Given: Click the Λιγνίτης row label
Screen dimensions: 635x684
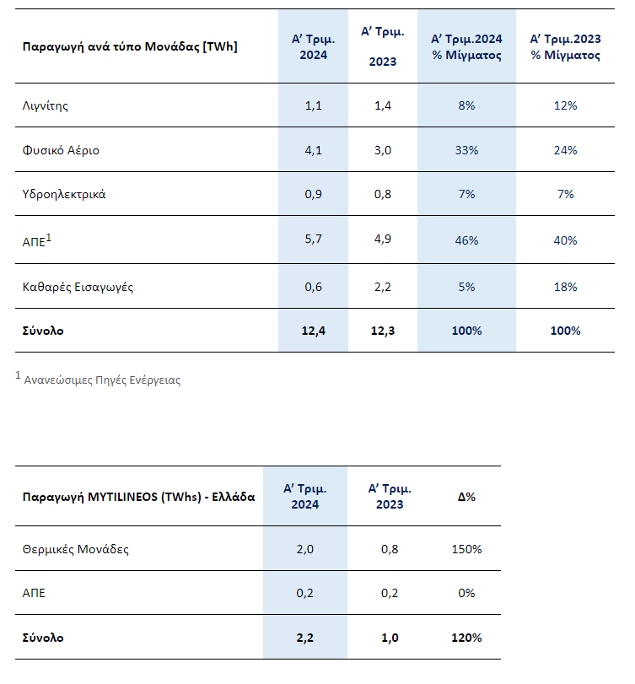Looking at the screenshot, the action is pos(46,106).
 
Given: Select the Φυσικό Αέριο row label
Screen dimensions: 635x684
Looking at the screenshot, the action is pos(61,150).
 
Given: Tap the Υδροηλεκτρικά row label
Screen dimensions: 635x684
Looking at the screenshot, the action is pos(64,195).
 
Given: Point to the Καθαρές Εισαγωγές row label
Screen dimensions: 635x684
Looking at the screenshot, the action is pos(78,287).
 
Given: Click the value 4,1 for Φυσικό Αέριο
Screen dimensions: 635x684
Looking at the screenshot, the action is pos(313,150).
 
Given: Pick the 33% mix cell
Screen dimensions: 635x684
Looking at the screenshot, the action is pos(466,150).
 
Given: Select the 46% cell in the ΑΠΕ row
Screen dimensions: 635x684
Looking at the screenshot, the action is pos(466,240).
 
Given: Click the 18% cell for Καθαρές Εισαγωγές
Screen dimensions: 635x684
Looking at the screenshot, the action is pos(565,287).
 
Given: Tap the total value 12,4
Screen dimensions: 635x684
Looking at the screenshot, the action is pos(313,331).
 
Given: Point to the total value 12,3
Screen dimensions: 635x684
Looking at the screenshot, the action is pos(383,331).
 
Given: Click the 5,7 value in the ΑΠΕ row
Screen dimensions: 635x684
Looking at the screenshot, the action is pos(313,239).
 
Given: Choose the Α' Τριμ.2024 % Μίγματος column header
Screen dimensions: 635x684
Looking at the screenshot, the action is pos(466,47).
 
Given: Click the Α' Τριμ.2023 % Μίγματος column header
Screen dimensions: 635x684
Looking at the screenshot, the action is pos(565,47).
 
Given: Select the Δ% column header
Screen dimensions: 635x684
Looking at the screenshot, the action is pos(466,497).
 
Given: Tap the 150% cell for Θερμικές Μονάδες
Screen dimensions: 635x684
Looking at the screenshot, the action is pos(466,549).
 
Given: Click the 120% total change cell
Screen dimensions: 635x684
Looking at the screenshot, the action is pos(466,638).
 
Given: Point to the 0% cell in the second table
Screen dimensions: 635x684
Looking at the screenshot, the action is pos(466,593).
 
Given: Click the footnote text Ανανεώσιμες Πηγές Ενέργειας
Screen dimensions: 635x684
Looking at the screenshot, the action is pos(102,380).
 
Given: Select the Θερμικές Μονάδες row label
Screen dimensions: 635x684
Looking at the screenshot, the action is pos(75,549).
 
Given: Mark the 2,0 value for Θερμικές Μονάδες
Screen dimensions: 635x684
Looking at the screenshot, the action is pos(305,549).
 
